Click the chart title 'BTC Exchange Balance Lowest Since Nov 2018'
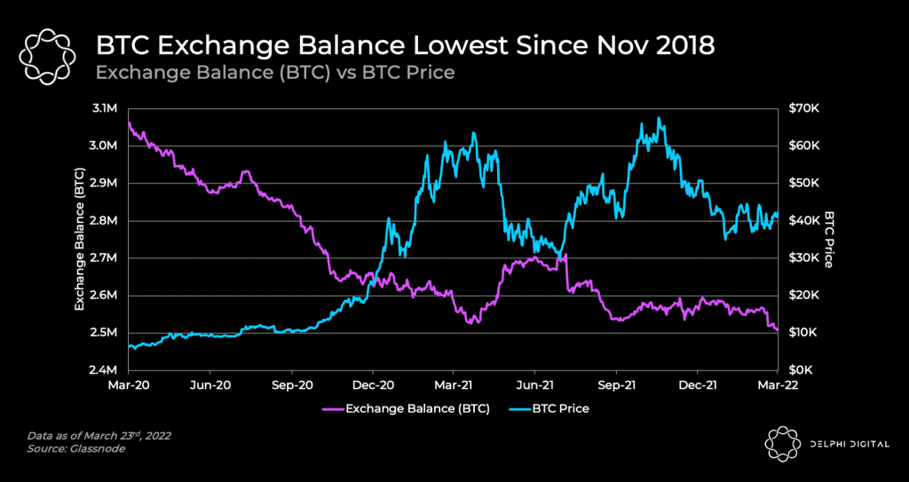[x=404, y=45]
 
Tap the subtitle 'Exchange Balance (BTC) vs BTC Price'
[x=274, y=73]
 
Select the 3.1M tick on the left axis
[x=104, y=108]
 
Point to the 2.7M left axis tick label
[x=104, y=258]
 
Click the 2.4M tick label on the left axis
[x=104, y=370]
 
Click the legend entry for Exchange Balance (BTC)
[x=396, y=409]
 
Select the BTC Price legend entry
[x=549, y=409]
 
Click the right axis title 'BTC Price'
[x=829, y=239]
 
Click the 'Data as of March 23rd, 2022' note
[x=99, y=435]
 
